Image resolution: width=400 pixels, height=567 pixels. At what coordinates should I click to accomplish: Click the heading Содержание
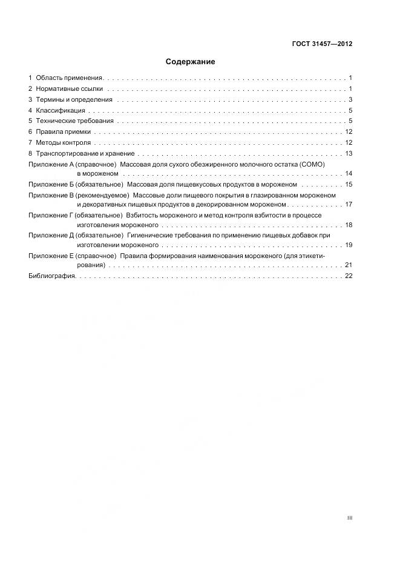[190, 62]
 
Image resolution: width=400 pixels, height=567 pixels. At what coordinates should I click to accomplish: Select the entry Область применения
[69, 78]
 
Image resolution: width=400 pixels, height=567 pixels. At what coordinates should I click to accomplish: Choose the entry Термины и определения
[74, 100]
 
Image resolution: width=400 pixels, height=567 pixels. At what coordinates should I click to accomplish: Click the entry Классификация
[61, 111]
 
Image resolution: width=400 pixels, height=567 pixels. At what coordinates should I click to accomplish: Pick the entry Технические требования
[74, 121]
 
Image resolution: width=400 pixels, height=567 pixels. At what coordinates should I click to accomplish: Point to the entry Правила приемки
[63, 132]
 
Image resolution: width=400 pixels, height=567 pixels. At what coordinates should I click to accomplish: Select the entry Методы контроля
[64, 143]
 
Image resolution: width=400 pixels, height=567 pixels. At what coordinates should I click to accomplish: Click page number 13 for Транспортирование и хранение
[349, 153]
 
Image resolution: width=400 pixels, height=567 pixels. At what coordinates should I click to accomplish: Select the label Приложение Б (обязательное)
[76, 184]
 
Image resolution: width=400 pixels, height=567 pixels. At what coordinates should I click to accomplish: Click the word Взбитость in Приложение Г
[143, 216]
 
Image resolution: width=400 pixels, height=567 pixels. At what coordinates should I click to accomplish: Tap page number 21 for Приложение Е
[349, 265]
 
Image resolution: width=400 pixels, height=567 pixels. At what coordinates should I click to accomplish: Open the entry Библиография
[51, 276]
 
